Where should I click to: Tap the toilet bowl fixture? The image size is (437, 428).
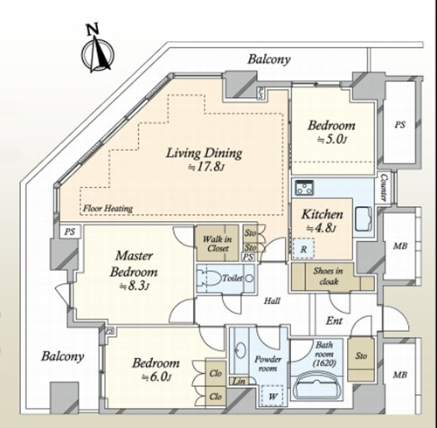210,279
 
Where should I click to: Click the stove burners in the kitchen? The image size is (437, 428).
304,188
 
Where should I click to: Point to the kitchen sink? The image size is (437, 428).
364,219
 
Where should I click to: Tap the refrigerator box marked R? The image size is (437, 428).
304,249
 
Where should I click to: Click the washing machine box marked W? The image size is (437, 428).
273,396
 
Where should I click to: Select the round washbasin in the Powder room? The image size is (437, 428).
240,349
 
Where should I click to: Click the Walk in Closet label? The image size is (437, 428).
218,244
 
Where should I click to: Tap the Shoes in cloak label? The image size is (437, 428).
328,276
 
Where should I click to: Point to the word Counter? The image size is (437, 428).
385,188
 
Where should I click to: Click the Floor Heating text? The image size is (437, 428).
108,209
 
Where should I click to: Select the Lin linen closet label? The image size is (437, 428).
239,381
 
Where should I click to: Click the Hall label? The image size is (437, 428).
272,300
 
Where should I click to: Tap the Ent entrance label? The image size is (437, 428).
334,321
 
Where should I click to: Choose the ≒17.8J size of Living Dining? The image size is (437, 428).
206,168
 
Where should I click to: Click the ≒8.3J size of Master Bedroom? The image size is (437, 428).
135,286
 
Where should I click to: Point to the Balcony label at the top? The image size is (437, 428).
269,59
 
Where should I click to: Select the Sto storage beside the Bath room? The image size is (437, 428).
361,356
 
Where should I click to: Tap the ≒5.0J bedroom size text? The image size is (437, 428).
332,140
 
